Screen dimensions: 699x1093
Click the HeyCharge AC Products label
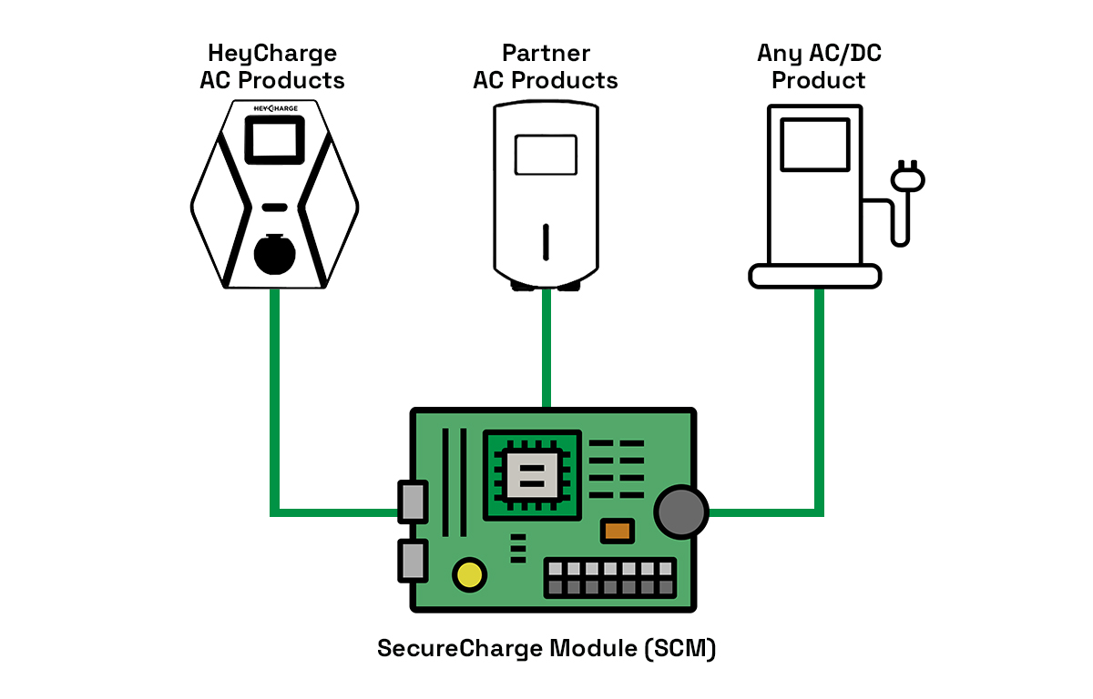coord(272,66)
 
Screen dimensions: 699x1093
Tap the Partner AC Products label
coord(546,66)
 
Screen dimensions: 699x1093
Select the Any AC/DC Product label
coord(819,66)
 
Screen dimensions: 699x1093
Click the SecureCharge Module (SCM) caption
coord(546,650)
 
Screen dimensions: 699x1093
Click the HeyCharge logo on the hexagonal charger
coord(274,109)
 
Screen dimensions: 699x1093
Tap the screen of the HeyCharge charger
coord(274,142)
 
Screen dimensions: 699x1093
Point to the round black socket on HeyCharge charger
coord(274,254)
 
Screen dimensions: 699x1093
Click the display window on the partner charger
coord(546,155)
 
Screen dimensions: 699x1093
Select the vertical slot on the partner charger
coord(546,242)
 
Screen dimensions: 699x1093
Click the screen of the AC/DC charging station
coord(815,145)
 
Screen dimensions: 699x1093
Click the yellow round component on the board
coord(470,574)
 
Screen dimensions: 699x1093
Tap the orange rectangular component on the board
coord(617,530)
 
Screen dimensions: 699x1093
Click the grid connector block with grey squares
coord(610,578)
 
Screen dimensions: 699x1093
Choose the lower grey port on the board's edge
coord(412,560)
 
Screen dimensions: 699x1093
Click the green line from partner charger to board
coord(546,350)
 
